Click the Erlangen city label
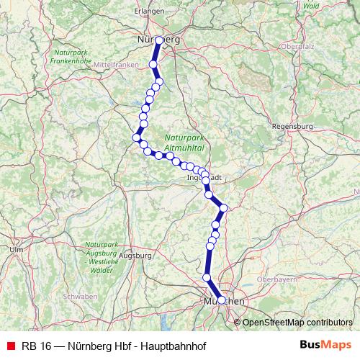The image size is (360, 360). pos(150,12)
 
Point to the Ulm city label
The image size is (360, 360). pos(16,249)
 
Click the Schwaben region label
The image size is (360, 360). pos(80,297)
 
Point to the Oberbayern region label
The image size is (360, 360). pos(277,279)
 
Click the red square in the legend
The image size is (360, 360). pos(10,345)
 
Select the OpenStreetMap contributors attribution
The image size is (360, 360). pos(298,322)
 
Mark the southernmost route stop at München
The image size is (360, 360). pos(221,301)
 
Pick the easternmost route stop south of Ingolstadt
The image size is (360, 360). pos(223,208)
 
